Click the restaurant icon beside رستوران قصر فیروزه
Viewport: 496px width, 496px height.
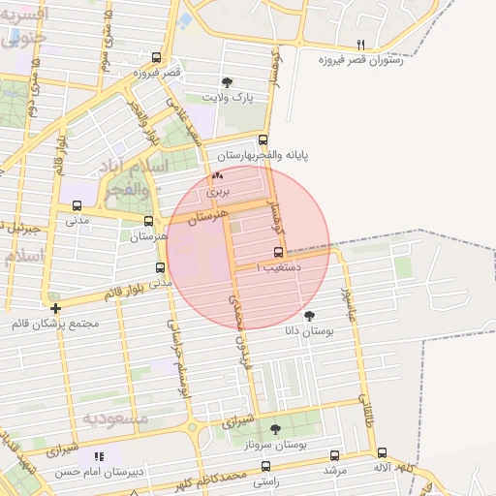point(361,45)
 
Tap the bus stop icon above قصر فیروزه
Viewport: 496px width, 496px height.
point(157,58)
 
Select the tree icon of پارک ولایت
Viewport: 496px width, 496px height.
point(228,83)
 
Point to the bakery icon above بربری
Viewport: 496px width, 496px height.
point(217,176)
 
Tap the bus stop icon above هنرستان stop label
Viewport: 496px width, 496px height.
point(148,221)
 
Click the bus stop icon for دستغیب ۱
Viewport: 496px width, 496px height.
point(278,252)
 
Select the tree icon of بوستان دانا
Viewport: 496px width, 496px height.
point(309,316)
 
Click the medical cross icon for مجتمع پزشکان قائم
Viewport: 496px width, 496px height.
point(55,308)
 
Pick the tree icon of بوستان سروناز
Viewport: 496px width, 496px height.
point(275,428)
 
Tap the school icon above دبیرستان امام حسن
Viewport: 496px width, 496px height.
point(99,456)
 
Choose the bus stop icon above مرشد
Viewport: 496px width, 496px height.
point(335,455)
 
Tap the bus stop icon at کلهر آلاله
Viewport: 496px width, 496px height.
point(382,452)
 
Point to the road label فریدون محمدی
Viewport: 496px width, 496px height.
point(238,325)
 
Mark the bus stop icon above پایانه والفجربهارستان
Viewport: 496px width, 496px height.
point(263,139)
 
